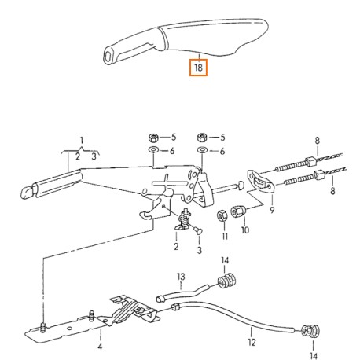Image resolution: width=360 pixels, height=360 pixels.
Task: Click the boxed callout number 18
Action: [198, 68]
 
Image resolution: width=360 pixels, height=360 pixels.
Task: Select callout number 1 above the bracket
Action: [80, 141]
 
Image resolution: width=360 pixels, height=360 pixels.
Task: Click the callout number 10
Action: [244, 230]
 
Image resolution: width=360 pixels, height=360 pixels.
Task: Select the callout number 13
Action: [180, 277]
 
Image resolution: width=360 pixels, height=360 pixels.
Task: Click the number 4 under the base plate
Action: [100, 346]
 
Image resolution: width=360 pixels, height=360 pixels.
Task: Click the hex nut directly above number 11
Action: [223, 215]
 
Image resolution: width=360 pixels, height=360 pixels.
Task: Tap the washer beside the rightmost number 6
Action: [202, 149]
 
